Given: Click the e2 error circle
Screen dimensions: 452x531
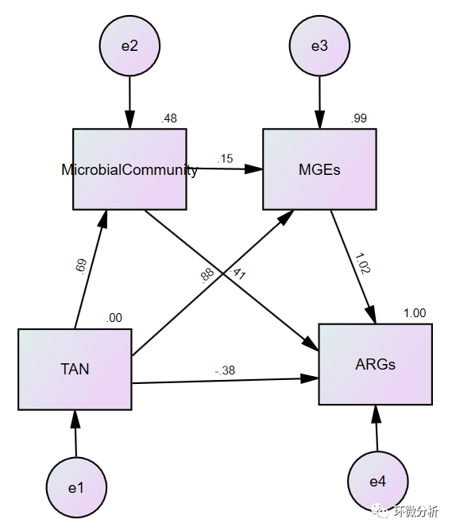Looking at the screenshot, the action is (129, 46).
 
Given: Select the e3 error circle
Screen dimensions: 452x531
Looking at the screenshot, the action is (319, 46).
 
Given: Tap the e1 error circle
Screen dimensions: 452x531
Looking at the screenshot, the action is (76, 487).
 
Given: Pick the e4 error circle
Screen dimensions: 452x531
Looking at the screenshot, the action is (378, 481).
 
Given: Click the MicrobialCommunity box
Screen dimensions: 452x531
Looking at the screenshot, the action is (129, 169).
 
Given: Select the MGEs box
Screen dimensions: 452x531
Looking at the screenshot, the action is (319, 169).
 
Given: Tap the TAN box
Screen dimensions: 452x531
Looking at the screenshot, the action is (75, 369).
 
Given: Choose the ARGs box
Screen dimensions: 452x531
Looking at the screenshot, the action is (376, 364).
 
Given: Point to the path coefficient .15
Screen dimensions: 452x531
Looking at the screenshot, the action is (225, 158).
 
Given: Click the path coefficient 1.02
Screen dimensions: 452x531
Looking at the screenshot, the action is (362, 263).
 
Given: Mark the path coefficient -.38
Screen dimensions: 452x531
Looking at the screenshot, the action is (225, 370).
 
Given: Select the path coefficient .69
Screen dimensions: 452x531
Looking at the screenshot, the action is (81, 265).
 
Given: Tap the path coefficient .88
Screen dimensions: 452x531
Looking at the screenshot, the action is (207, 275).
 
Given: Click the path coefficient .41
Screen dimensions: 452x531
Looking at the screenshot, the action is (238, 273).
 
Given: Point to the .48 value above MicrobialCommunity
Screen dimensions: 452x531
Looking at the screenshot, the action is (169, 118).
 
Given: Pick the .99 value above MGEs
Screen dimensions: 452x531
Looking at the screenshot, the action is (358, 118).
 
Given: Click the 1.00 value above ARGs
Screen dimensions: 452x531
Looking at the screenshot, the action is (415, 313).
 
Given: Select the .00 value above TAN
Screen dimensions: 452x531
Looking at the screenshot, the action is (114, 318).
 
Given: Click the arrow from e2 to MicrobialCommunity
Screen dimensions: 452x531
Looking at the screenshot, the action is (129, 103).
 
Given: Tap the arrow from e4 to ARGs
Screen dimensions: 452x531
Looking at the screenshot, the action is (377, 428).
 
